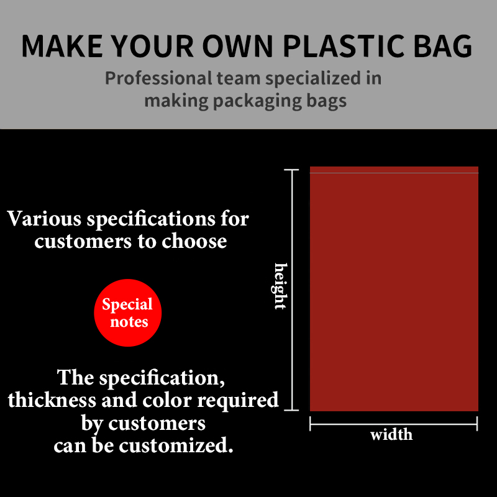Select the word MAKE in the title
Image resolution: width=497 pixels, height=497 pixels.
[x=62, y=46]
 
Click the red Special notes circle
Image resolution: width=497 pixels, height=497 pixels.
[x=128, y=313]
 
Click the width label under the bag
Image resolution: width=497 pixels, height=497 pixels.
[x=391, y=434]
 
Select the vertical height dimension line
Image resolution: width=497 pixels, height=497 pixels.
[x=291, y=290]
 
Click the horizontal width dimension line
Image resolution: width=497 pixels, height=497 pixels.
[x=393, y=424]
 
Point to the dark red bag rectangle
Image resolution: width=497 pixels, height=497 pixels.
[x=394, y=289]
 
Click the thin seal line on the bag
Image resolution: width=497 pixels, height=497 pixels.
[x=394, y=173]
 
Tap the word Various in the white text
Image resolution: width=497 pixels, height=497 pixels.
[x=44, y=219]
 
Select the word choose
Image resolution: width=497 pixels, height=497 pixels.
[x=194, y=242]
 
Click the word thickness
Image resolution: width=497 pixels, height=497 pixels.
[x=52, y=400]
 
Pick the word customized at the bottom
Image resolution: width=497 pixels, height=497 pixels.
[x=176, y=445]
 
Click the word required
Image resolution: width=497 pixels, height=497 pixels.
[x=238, y=401]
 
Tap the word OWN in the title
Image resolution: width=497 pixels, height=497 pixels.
[x=238, y=46]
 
